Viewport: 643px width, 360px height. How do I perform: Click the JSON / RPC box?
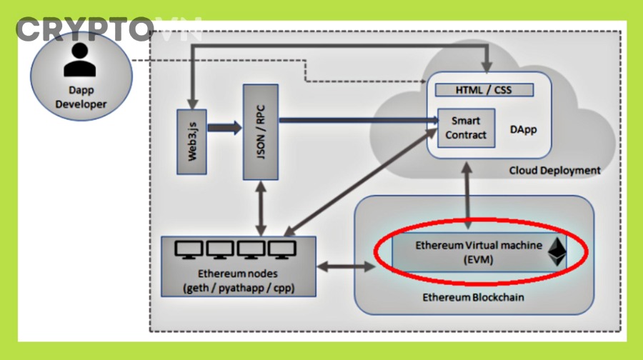point(260,131)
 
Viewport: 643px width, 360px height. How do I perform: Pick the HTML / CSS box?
point(484,90)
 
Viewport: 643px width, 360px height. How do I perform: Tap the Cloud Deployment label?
point(554,171)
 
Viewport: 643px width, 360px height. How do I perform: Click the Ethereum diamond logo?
point(557,252)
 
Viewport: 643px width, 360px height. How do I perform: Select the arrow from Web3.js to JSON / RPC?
point(224,129)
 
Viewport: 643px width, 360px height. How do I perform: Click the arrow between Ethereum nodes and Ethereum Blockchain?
point(345,267)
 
